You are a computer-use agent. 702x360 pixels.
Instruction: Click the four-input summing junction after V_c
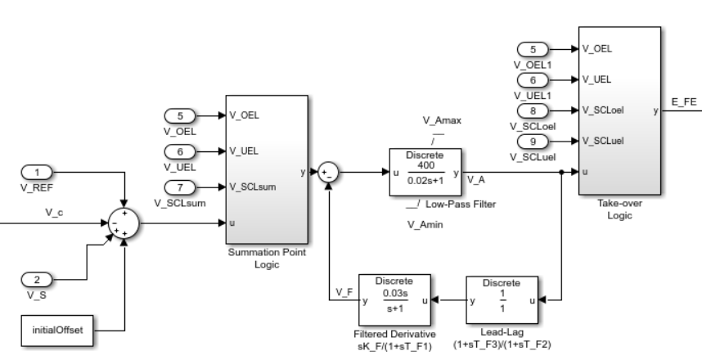123,222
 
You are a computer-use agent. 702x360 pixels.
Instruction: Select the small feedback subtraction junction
328,173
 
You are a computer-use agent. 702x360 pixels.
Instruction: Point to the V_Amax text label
442,120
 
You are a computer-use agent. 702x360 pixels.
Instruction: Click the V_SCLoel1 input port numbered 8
533,110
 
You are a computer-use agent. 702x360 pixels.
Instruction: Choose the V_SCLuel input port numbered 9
533,141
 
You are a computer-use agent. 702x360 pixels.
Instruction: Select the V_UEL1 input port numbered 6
533,79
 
